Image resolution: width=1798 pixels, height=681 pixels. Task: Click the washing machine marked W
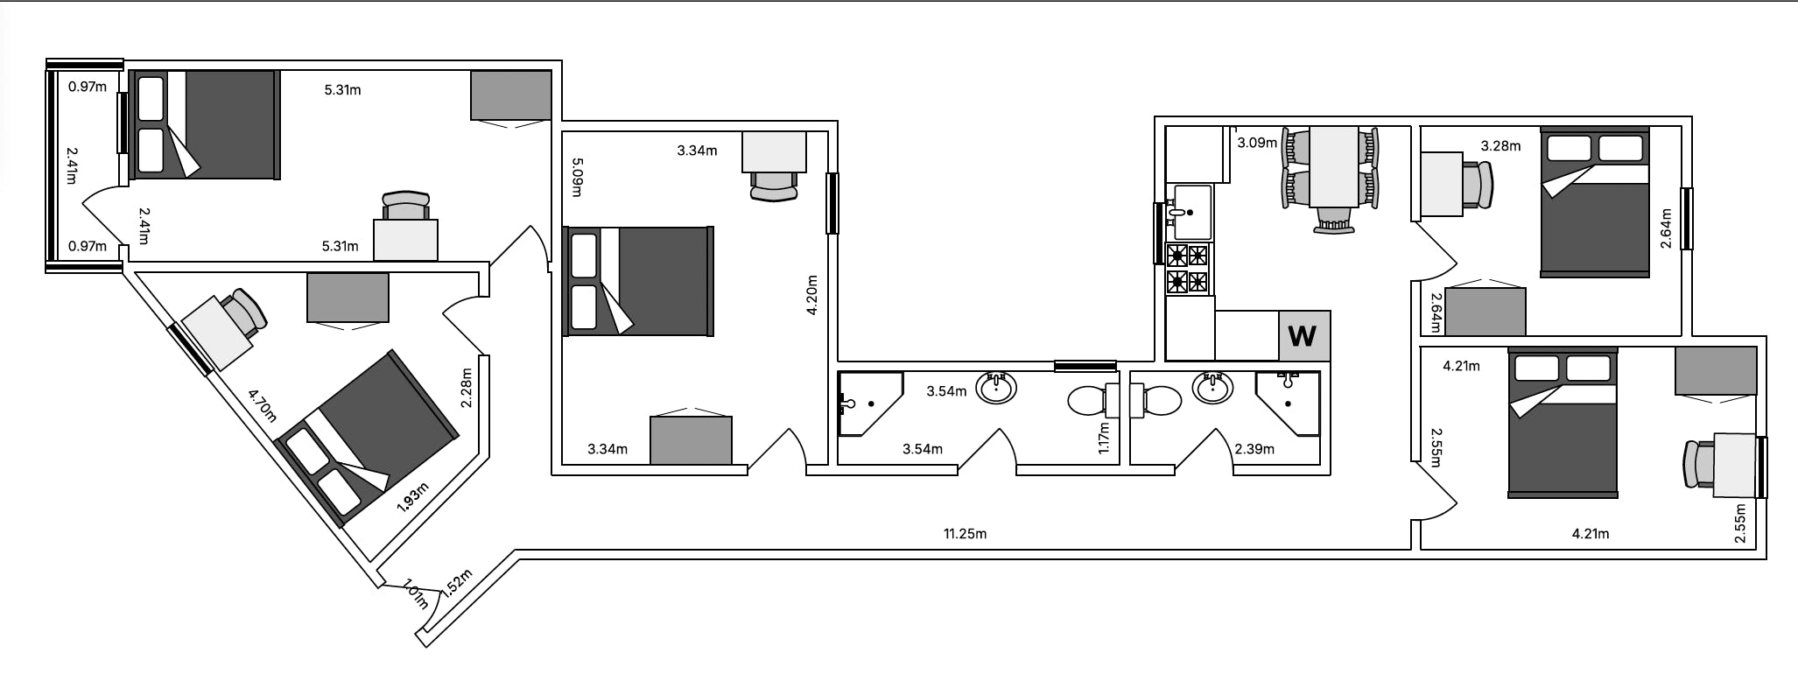tap(1303, 335)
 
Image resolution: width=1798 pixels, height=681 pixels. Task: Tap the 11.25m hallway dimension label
tap(965, 533)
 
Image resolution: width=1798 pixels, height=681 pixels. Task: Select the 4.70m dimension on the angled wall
tap(262, 405)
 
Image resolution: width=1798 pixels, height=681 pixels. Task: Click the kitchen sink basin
tap(1192, 212)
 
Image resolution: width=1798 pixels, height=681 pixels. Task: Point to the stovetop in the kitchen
tap(1188, 269)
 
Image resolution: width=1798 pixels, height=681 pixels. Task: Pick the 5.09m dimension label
tap(578, 177)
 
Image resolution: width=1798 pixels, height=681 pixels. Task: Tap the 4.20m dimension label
tap(811, 295)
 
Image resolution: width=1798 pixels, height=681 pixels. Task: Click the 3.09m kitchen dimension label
tap(1257, 143)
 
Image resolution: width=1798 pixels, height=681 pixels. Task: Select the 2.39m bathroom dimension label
tap(1254, 449)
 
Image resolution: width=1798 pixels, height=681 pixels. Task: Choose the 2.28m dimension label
tap(466, 387)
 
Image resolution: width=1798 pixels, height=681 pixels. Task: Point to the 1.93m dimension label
tap(412, 497)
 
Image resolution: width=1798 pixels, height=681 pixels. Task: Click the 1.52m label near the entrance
tap(457, 582)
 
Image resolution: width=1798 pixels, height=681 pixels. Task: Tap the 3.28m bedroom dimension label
tap(1500, 146)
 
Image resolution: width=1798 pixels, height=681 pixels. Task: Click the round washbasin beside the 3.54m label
tap(996, 387)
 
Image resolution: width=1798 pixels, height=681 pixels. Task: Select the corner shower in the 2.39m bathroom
tap(1288, 403)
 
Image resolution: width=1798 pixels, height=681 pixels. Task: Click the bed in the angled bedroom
tap(367, 438)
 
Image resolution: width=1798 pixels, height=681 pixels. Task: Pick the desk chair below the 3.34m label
tap(774, 186)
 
